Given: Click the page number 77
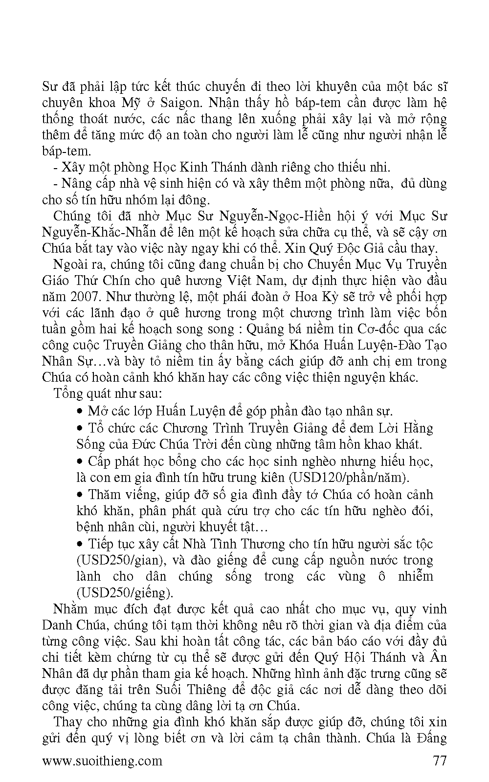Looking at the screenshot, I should point(440,760).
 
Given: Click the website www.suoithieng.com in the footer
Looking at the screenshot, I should point(102,760).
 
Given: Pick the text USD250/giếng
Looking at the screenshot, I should point(125,593).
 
